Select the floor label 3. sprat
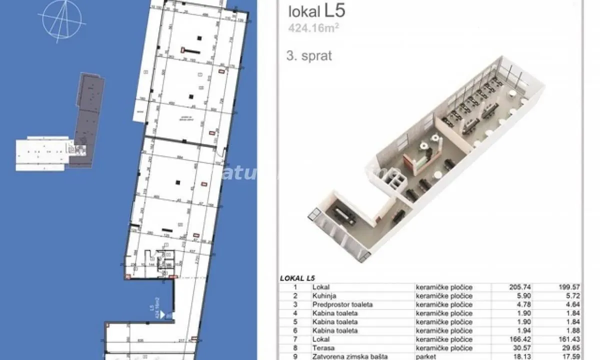pos(309,56)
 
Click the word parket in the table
pos(425,356)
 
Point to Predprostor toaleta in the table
pos(342,304)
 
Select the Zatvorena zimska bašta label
pos(349,356)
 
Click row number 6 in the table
pos(295,330)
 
